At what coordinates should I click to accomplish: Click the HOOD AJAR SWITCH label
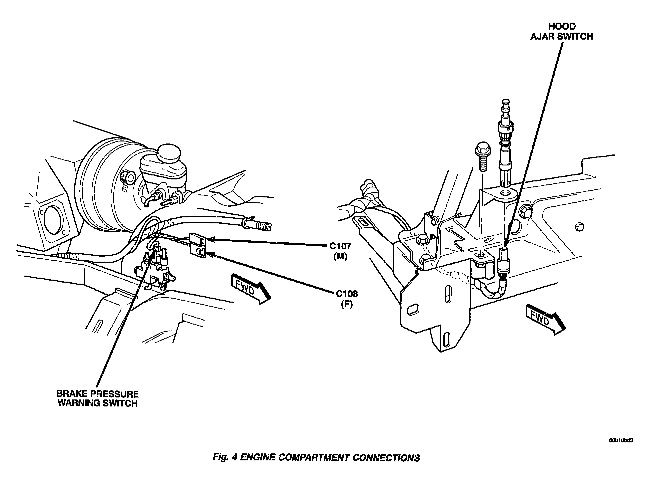(x=562, y=31)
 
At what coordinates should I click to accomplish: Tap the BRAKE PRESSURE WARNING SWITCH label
(x=98, y=398)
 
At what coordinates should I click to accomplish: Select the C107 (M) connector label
(x=340, y=251)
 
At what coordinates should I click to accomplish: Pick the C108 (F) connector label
(x=347, y=299)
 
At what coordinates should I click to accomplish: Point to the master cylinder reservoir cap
(x=169, y=154)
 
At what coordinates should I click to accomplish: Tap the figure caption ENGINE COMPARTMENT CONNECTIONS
(x=330, y=458)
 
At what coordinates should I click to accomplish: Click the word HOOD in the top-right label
(x=562, y=26)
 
